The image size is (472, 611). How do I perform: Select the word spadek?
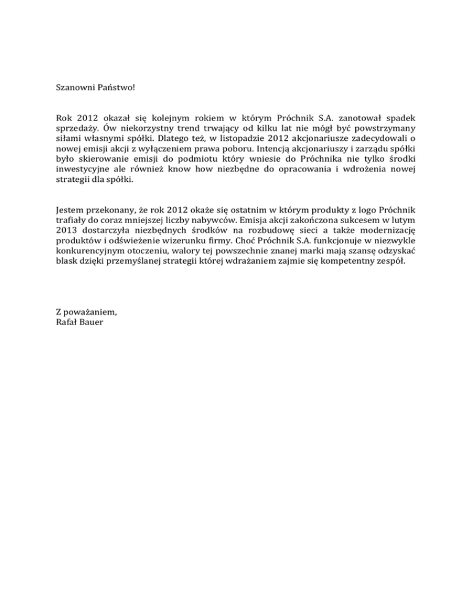tap(404, 117)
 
